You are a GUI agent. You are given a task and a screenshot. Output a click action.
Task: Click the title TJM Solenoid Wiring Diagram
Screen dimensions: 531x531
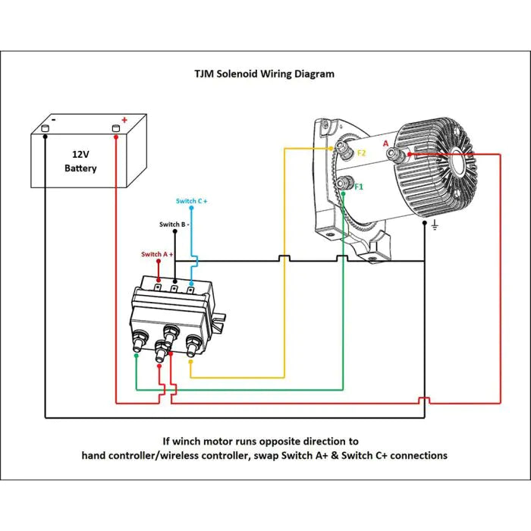(x=264, y=74)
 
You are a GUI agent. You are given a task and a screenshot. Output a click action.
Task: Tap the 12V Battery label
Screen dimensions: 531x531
(x=80, y=161)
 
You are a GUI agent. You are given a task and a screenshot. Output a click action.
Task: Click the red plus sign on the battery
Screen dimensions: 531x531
(x=124, y=120)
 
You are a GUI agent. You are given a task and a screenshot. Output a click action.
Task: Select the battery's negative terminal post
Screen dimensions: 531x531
(x=46, y=128)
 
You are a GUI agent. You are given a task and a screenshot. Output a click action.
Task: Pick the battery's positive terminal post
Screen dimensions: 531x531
(x=116, y=128)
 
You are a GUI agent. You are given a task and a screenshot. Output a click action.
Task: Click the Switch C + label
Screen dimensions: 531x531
(x=191, y=201)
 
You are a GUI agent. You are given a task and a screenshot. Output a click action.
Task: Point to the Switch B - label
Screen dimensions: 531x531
(x=174, y=225)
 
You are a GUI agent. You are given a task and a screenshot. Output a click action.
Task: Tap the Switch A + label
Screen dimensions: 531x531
(x=157, y=254)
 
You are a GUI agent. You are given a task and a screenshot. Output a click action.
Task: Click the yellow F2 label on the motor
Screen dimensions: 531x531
(x=362, y=153)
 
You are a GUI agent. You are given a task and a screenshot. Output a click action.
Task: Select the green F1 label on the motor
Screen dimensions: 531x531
(x=359, y=187)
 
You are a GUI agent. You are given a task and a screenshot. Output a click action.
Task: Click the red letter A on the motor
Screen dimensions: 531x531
(x=385, y=143)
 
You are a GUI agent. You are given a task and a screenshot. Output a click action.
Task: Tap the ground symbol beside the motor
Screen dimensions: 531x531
(x=435, y=225)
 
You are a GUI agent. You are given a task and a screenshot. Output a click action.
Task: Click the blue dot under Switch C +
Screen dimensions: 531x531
(x=191, y=208)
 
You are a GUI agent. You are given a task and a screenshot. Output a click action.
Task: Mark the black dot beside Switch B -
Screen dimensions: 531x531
(x=175, y=231)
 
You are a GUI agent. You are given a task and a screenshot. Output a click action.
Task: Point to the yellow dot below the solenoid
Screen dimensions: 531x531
(x=190, y=362)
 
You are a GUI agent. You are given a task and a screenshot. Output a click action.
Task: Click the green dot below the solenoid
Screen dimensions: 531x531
(x=136, y=356)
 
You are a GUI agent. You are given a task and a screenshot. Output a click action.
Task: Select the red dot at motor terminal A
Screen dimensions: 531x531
(x=410, y=155)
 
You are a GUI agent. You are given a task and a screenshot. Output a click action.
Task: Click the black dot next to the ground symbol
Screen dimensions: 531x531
(x=425, y=223)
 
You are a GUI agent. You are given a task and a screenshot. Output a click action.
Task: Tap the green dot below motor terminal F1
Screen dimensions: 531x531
(x=344, y=193)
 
